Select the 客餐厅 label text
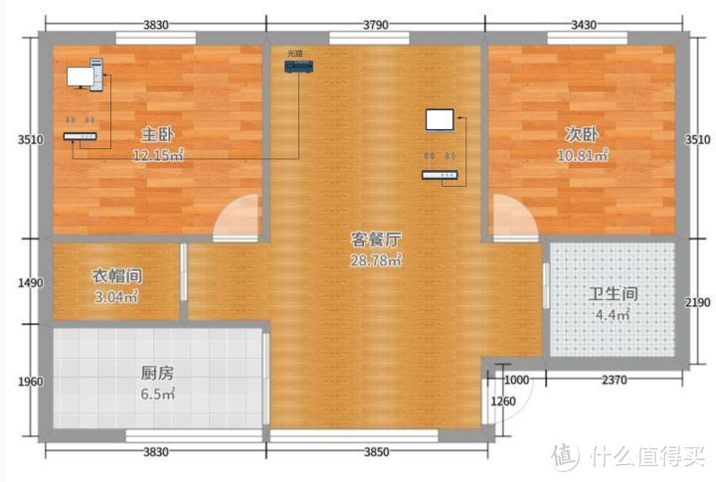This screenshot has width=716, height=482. tap(376, 240)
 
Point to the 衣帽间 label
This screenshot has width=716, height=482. tap(115, 275)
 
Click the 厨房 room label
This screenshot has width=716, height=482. tap(157, 374)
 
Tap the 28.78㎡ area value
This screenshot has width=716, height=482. tap(375, 260)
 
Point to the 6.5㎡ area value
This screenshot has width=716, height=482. tap(157, 395)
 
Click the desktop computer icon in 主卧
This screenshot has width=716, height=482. tap(86, 76)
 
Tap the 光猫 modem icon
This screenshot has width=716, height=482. tap(297, 67)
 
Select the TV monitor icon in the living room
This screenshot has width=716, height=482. tap(440, 120)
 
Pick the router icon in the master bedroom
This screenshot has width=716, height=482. tap(81, 136)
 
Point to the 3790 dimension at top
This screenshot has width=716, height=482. tap(376, 23)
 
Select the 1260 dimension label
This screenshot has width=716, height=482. tap(505, 402)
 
